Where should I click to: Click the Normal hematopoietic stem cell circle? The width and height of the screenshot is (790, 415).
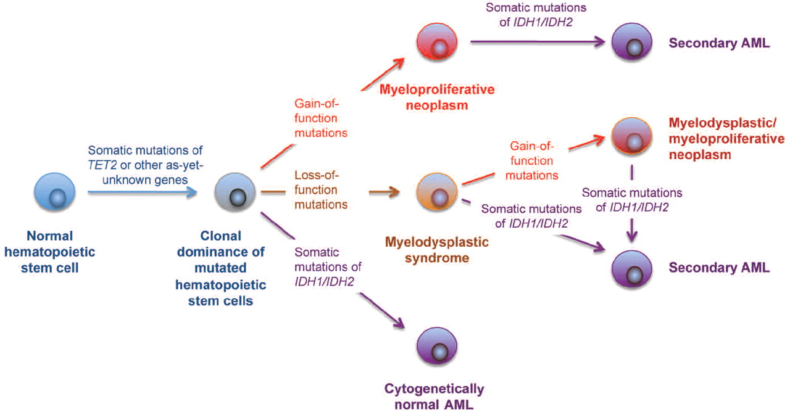54,192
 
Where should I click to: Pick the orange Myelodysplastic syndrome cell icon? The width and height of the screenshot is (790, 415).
437,193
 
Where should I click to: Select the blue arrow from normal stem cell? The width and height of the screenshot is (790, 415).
142,193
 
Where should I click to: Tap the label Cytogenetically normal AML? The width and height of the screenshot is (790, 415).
434,397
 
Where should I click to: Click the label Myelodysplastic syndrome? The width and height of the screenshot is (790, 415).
437,249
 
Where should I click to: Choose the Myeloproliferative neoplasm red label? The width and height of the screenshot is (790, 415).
437,97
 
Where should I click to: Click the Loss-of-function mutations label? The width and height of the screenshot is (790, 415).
320,189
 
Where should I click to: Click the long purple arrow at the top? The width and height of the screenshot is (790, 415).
537,42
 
